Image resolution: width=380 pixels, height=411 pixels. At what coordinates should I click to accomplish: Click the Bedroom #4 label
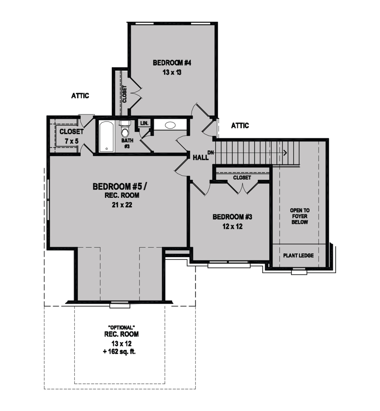click(172, 63)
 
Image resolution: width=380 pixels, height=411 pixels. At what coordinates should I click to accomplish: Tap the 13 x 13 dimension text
click(172, 72)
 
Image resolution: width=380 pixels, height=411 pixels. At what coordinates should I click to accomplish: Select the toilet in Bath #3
click(125, 129)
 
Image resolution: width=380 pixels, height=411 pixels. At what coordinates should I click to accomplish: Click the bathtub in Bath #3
click(107, 137)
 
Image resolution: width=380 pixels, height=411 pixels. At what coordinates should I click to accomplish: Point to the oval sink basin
click(170, 125)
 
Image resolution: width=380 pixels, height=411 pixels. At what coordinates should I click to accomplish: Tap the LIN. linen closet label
click(144, 123)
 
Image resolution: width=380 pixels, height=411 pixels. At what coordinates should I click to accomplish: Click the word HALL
click(201, 158)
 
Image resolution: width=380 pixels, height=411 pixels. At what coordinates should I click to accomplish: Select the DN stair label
click(211, 153)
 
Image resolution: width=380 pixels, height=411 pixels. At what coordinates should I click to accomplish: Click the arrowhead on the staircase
click(285, 153)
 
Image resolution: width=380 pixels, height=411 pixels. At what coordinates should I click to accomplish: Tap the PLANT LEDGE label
click(298, 256)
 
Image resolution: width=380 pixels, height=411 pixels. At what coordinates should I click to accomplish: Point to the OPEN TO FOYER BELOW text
click(300, 216)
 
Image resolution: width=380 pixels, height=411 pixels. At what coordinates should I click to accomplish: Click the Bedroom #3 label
click(232, 217)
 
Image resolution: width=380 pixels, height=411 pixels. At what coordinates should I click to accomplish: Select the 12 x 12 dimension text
click(232, 227)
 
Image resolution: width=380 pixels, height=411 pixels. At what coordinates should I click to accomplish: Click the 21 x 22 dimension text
click(122, 205)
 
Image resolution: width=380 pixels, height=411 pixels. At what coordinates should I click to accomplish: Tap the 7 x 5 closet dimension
click(71, 141)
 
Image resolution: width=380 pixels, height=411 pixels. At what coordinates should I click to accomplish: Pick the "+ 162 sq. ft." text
click(119, 352)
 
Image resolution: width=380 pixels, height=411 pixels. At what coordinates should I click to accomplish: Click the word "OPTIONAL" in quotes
click(121, 328)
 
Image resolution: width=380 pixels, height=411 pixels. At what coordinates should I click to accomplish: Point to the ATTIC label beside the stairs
click(240, 126)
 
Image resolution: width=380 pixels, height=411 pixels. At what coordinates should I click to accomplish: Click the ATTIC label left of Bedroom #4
click(80, 96)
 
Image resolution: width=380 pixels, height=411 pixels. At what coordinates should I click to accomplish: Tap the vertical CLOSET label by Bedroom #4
click(125, 94)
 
